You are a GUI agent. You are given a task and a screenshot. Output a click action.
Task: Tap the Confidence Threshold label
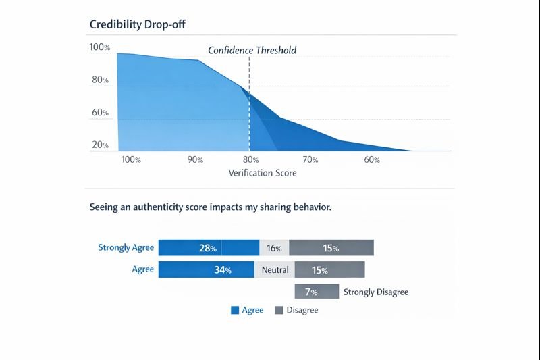coord(252,50)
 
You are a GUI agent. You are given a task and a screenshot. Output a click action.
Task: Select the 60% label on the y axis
coord(100,112)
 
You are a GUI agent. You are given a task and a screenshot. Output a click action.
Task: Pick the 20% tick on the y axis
coord(100,145)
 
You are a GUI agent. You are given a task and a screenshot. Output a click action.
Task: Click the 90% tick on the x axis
coord(195,160)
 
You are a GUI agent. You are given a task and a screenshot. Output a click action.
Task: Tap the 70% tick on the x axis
coord(310,160)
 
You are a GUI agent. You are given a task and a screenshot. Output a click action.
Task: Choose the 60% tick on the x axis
coord(371,160)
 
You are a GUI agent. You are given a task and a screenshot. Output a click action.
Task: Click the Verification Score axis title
coord(263,173)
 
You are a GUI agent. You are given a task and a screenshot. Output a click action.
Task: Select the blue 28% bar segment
coord(208,248)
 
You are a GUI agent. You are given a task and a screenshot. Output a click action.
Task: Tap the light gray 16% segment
coord(274,248)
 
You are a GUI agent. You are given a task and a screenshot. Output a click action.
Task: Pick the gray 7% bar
coord(316,292)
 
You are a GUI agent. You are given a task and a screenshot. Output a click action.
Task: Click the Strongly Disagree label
coord(376,292)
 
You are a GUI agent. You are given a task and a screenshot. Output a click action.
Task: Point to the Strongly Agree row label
coord(126,247)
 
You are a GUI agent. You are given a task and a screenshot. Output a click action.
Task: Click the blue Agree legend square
coord(235,311)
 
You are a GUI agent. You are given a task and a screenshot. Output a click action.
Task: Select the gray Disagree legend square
coord(279,311)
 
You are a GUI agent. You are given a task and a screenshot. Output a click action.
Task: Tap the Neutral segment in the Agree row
coord(274,270)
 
